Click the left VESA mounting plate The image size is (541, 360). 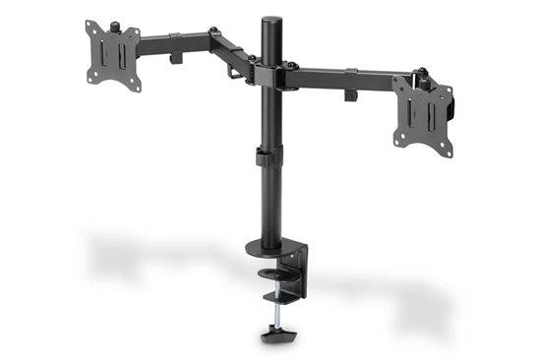pos(112,54)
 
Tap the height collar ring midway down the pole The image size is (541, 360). pos(268,156)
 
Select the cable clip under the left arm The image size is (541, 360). pos(178,58)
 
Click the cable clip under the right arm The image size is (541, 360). pos(349,96)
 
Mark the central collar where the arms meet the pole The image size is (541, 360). pos(269,73)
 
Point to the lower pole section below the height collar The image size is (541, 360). pos(270,202)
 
